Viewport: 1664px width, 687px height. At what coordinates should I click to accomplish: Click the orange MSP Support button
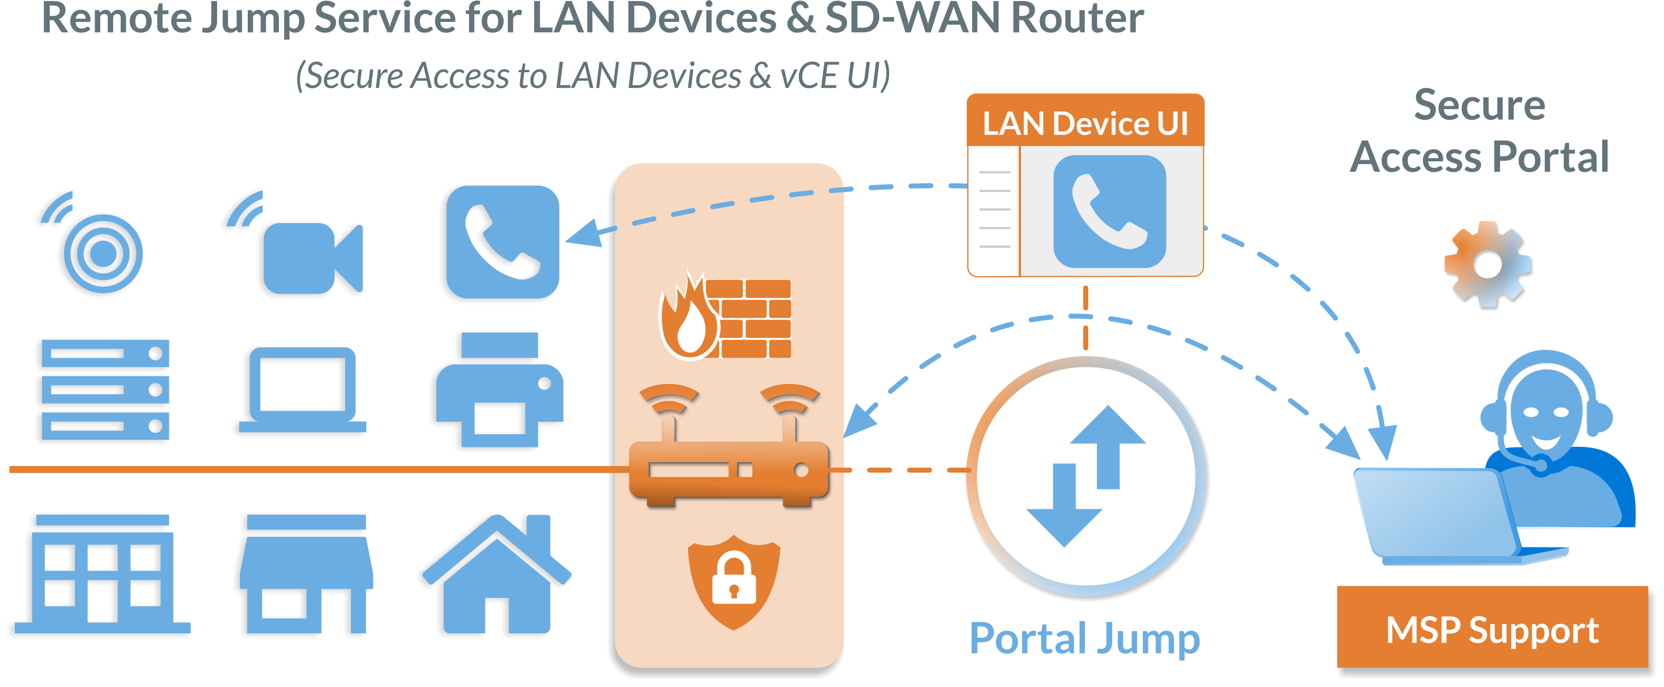(1492, 627)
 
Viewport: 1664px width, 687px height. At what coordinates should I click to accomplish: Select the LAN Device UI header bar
(1085, 123)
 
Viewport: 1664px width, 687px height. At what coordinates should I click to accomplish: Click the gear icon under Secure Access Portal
(1487, 263)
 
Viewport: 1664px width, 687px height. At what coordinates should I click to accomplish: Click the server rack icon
(106, 389)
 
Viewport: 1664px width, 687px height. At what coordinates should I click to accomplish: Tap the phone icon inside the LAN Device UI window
(1109, 211)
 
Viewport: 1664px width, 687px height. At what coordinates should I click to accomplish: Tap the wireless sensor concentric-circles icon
(103, 253)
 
